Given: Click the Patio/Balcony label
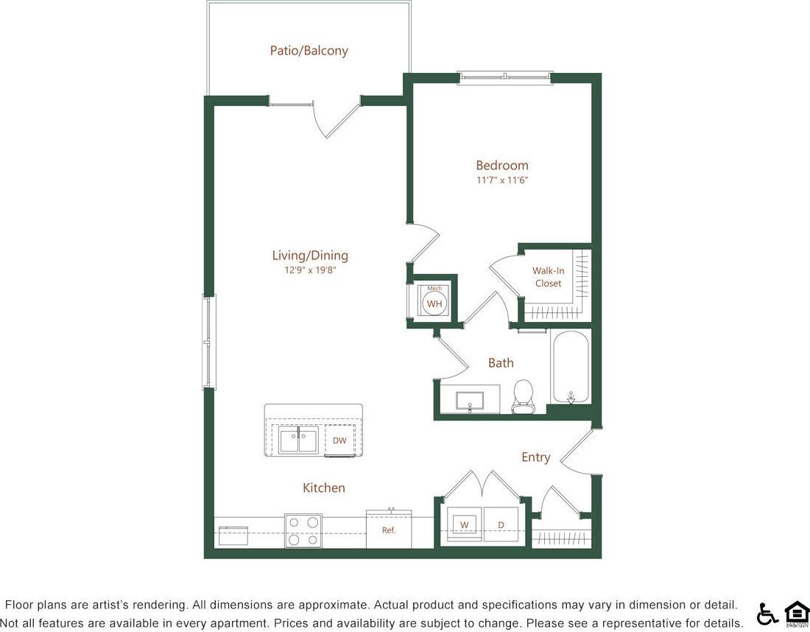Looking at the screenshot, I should pos(309,51).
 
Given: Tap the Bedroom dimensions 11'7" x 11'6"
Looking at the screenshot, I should pos(501,180).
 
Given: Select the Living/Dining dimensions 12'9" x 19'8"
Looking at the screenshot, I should pos(309,270).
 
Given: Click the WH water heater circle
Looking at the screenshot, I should pos(434,303).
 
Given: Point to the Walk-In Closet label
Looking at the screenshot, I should pos(548,277).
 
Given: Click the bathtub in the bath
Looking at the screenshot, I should pos(570,365).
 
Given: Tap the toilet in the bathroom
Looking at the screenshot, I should pos(524,397).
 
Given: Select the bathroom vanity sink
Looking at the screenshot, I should pos(470,401).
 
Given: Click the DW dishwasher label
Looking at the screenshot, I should pos(339,440).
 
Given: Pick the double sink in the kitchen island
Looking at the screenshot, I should pos(298,440).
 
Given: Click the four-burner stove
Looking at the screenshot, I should pos(303,530).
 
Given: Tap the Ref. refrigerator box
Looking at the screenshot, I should pos(389,529).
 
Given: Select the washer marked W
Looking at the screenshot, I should pos(464,524).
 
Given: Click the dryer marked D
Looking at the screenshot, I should pos(501,524).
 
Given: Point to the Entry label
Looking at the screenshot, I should pos(535,457).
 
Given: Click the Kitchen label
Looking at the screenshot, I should pos(324,488).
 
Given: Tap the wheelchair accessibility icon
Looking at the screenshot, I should pos(767,614).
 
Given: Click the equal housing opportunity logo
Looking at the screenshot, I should pos(796,614).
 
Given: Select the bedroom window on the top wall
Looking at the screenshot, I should pos(504,77).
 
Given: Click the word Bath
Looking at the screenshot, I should pos(501,363).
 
